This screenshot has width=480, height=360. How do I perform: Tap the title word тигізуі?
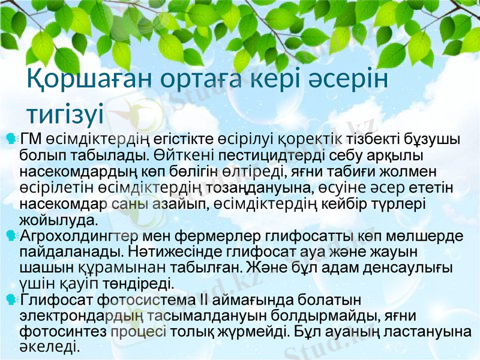coord(67,113)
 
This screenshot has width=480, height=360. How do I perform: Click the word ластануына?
coord(423,329)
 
